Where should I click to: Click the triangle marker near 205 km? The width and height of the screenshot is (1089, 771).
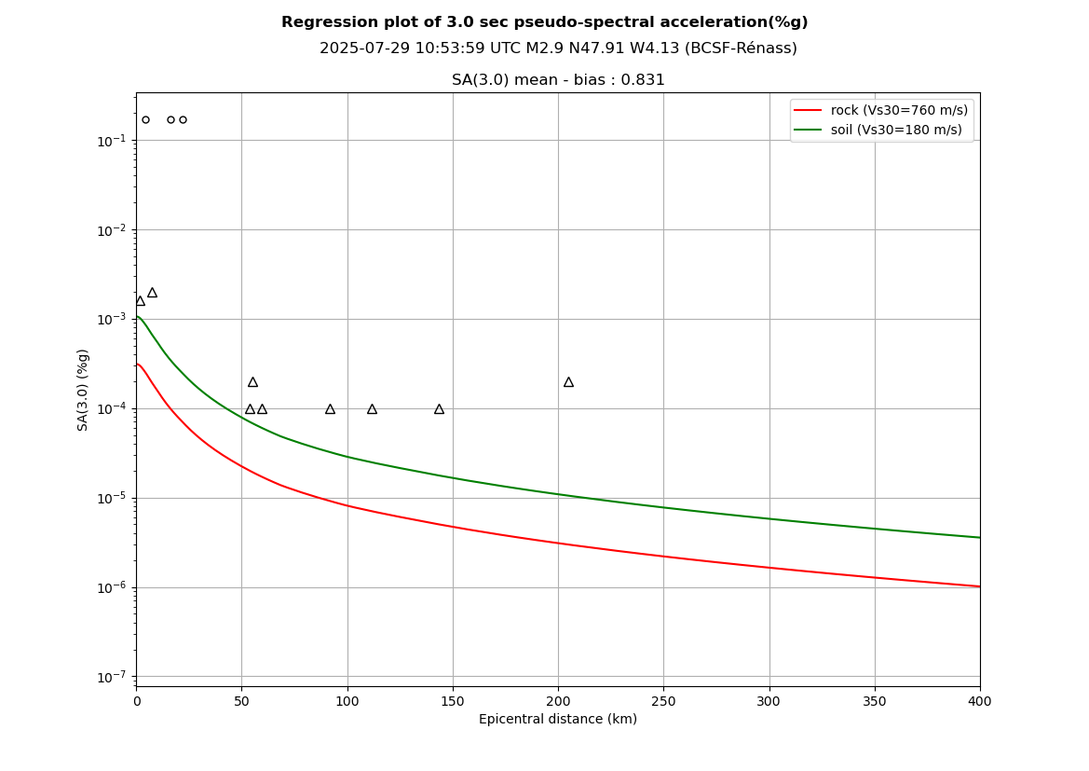coord(568,382)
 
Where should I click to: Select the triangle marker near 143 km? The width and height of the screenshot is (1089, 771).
coord(439,409)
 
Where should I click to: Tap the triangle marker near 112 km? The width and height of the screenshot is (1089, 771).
coord(372,409)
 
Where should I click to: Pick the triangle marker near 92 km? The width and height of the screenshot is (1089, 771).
coord(330,409)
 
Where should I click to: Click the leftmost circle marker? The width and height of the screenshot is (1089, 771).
coord(145,119)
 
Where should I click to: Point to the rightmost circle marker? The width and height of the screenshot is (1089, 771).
coord(183,119)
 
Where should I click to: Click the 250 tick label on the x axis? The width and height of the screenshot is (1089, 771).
coord(663,701)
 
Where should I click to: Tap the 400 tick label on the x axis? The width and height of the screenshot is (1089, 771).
coord(979,701)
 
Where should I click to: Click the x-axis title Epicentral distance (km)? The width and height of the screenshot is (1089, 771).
coord(557,720)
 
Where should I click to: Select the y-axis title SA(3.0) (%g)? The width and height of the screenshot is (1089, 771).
coord(84,389)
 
